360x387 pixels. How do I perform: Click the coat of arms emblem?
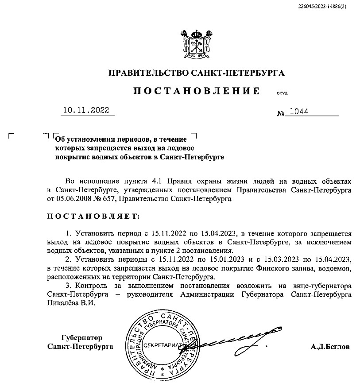click(196, 43)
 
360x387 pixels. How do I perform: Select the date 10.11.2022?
click(86, 111)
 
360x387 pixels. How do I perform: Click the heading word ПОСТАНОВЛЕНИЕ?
click(197, 91)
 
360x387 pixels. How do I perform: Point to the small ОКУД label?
click(282, 93)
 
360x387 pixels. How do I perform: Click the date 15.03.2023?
click(287, 259)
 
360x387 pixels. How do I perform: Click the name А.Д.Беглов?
click(330, 347)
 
